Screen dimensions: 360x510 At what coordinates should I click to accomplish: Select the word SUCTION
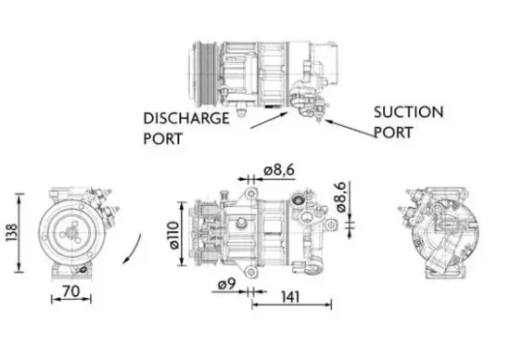[x=408, y=111]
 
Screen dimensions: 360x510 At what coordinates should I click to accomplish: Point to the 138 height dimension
[x=8, y=233]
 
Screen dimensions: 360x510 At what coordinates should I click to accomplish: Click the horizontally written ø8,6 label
[x=278, y=171]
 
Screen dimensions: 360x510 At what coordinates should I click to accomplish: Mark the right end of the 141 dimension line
[x=331, y=304]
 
